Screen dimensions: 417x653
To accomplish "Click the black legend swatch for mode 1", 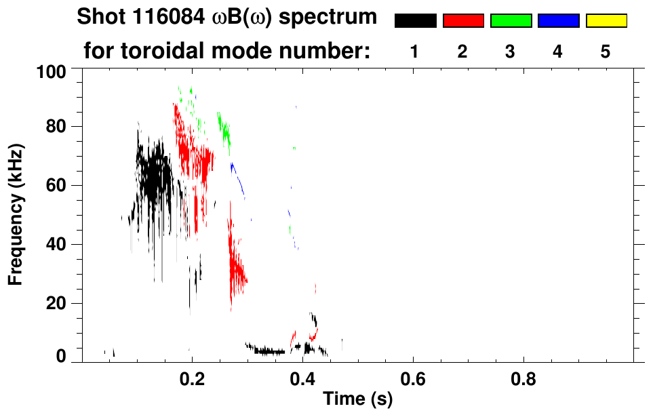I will (415, 21).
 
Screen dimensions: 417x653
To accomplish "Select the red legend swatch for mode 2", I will (463, 21).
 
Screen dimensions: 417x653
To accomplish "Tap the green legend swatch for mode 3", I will (511, 21).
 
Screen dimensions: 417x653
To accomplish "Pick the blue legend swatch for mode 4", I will (558, 21).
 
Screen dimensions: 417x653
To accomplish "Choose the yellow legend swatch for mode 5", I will (606, 21).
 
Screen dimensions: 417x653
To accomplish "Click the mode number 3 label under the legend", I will (511, 52).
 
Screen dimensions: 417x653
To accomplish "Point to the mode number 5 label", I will (606, 52).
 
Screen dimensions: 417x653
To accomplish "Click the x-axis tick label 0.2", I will (192, 378).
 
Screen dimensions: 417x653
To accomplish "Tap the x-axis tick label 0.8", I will (523, 378).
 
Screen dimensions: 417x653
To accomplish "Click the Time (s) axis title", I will (357, 400).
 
